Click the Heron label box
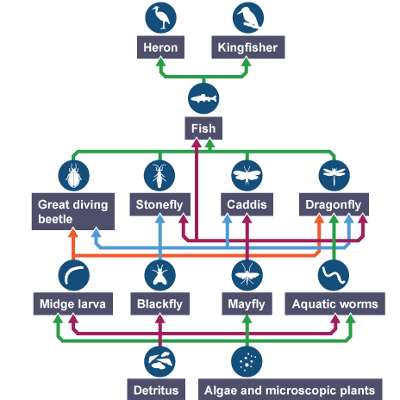pyautogui.click(x=161, y=48)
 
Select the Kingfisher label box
pyautogui.click(x=247, y=48)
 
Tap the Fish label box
pyautogui.click(x=204, y=130)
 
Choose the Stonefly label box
pyautogui.click(x=160, y=205)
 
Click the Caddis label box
pyautogui.click(x=247, y=205)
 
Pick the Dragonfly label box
pyautogui.click(x=333, y=205)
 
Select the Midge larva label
pyautogui.click(x=73, y=304)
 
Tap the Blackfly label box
pyautogui.click(x=160, y=304)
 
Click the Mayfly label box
pyautogui.click(x=247, y=304)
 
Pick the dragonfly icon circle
pyautogui.click(x=333, y=176)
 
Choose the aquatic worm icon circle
pyautogui.click(x=333, y=275)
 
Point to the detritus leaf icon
pyautogui.click(x=160, y=359)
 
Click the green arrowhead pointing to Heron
pyautogui.click(x=161, y=64)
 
